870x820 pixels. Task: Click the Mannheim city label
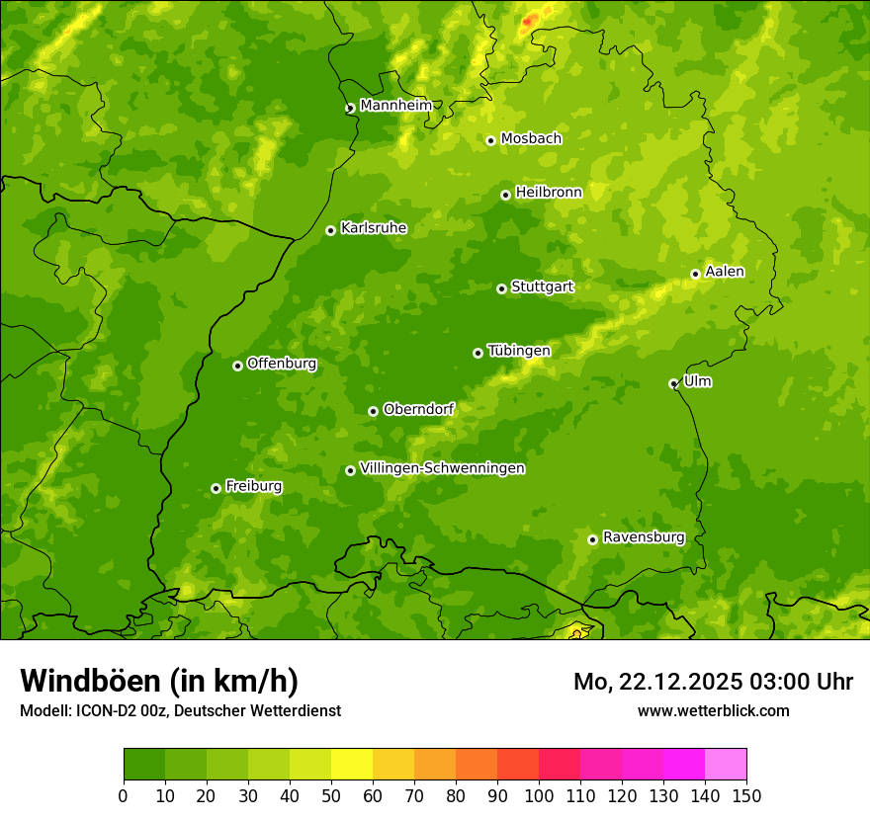395,106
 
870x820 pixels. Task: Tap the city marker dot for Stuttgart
501,288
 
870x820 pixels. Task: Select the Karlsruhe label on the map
373,228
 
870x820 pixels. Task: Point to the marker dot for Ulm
673,383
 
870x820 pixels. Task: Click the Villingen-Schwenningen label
442,468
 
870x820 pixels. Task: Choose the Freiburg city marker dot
216,488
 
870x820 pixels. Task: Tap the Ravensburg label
643,537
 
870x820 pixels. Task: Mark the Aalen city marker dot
695,274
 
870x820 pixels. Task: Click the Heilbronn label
549,193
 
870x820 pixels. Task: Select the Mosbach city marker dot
490,140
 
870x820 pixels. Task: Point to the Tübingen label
518,351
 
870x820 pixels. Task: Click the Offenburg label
281,364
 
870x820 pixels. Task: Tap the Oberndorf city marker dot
373,411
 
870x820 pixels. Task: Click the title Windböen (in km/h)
159,681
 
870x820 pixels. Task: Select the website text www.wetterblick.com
713,710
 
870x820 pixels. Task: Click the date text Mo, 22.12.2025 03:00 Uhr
713,682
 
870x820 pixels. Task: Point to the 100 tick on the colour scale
539,795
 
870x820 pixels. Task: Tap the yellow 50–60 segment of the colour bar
352,765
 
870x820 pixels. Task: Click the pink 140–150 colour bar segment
726,765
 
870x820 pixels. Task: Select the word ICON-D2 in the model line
104,710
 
